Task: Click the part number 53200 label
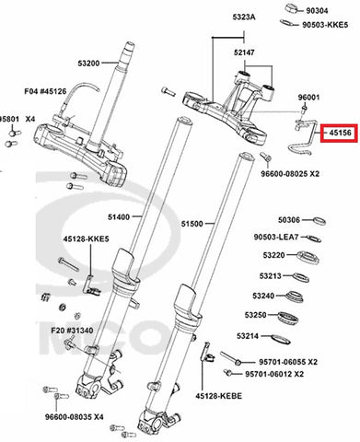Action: click(88, 64)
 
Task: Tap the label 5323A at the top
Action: click(244, 17)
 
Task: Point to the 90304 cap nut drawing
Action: click(293, 8)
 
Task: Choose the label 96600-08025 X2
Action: click(290, 174)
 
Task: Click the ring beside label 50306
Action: click(319, 221)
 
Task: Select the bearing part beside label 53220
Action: click(308, 257)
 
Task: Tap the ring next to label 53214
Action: click(281, 339)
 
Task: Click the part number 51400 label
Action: click(119, 217)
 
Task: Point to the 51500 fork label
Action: click(192, 224)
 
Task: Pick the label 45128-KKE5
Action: click(87, 238)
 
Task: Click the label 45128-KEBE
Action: click(219, 396)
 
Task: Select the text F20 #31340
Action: click(72, 331)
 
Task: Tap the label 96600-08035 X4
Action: click(75, 417)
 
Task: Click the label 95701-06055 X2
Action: click(288, 362)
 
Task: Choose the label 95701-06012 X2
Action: click(274, 374)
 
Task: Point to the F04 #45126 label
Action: click(45, 91)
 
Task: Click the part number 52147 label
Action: click(244, 52)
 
